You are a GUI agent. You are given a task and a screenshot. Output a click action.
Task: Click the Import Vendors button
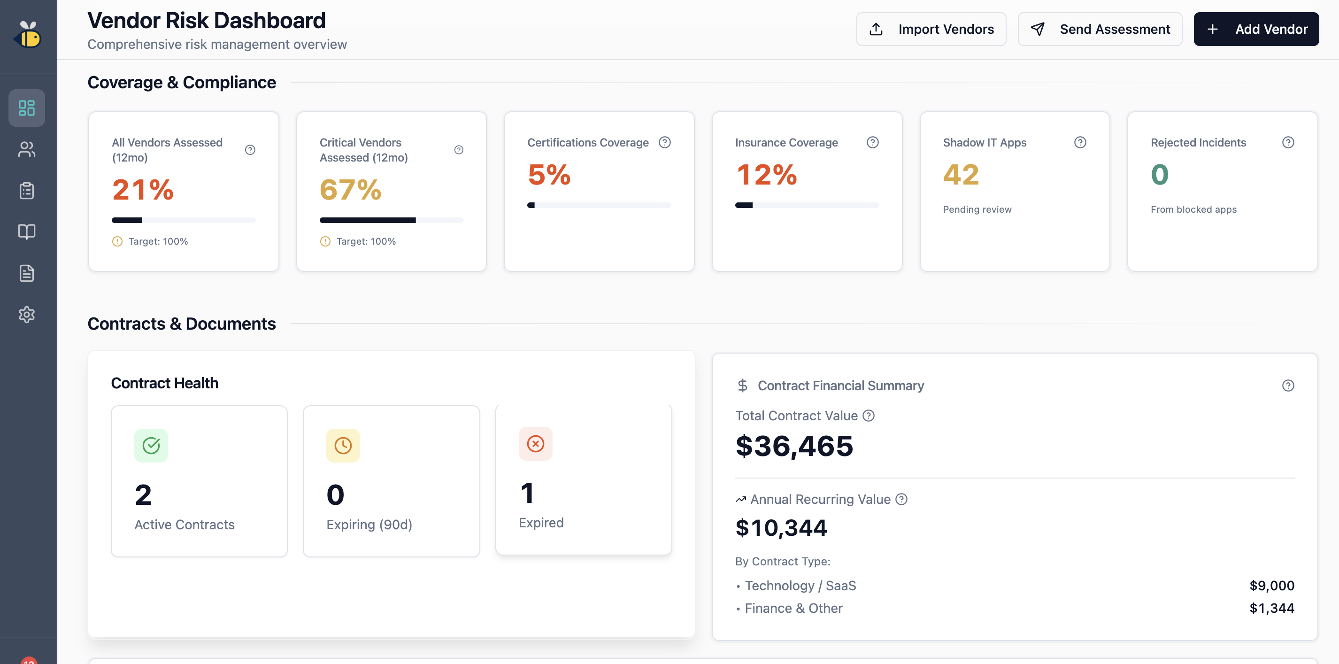click(x=931, y=29)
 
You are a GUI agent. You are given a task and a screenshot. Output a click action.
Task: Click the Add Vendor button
click(x=1256, y=29)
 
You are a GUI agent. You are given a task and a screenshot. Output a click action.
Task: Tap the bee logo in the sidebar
click(x=28, y=35)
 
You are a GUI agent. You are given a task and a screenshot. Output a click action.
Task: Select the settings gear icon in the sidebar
click(x=26, y=315)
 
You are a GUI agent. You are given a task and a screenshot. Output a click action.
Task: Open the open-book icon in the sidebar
click(x=26, y=232)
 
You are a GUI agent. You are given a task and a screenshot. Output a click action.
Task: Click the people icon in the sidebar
click(x=26, y=150)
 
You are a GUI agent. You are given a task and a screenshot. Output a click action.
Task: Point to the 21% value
click(x=143, y=189)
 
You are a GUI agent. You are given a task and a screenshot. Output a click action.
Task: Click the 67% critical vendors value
click(x=350, y=189)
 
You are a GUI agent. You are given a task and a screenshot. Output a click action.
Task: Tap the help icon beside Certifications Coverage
click(x=665, y=142)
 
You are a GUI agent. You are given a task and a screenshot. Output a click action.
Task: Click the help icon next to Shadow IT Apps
click(x=1080, y=142)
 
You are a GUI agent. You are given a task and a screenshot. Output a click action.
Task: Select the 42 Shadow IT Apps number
click(x=961, y=174)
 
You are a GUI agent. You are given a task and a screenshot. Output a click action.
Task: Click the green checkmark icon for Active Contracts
click(x=151, y=446)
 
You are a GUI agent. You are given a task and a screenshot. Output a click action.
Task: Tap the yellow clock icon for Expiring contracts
click(x=343, y=446)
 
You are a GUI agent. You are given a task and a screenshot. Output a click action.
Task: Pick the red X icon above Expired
click(x=535, y=444)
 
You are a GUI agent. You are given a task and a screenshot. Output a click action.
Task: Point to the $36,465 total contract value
click(x=794, y=446)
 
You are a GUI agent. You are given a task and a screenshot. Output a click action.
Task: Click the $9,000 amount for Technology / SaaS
click(x=1271, y=586)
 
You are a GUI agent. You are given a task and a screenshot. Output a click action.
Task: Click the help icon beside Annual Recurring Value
click(x=902, y=499)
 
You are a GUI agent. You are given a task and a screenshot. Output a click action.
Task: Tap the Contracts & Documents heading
click(x=181, y=324)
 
